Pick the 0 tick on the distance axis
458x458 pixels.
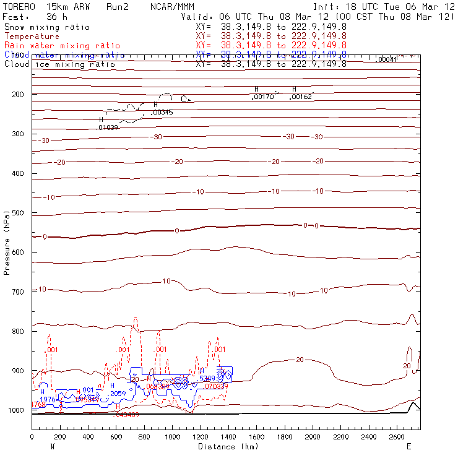click(32, 437)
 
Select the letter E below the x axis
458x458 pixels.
click(408, 446)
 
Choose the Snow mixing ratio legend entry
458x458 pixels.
click(46, 27)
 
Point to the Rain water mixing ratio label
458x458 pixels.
click(62, 46)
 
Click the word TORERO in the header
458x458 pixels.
click(18, 7)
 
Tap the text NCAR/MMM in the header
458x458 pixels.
click(172, 7)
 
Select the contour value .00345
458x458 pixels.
click(162, 113)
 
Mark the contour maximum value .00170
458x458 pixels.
click(263, 97)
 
